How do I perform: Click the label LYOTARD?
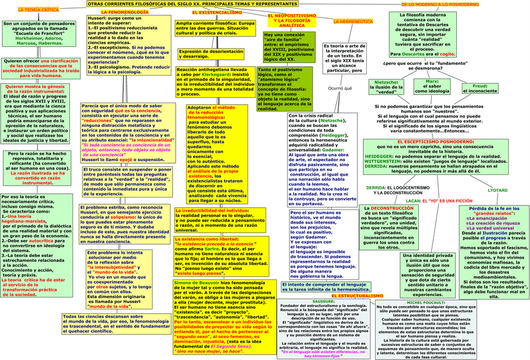point(497,190)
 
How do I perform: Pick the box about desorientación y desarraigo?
point(210,54)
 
